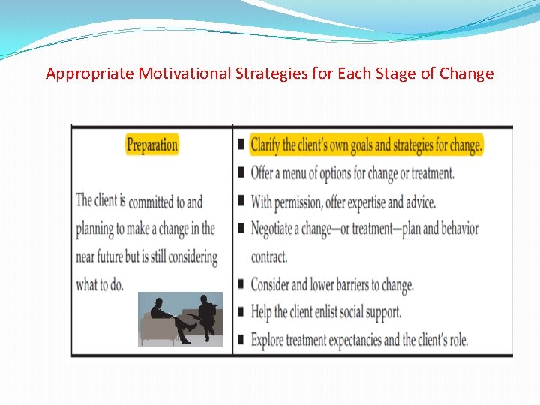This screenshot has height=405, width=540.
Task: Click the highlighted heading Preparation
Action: click(151, 145)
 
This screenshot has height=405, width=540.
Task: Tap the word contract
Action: click(268, 257)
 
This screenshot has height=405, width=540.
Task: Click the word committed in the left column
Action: click(157, 202)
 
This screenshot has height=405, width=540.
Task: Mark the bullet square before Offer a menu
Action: click(241, 172)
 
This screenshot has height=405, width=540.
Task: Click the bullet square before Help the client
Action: click(241, 310)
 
